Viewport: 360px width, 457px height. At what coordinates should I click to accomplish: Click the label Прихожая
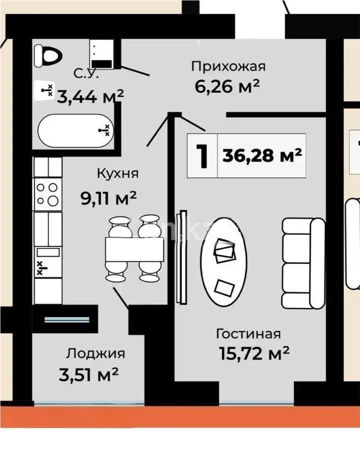pyautogui.click(x=228, y=66)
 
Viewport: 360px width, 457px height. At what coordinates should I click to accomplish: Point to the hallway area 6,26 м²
pyautogui.click(x=227, y=86)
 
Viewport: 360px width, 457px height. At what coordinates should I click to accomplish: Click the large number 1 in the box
pyautogui.click(x=203, y=156)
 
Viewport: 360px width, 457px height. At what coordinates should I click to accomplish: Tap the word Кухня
pyautogui.click(x=118, y=173)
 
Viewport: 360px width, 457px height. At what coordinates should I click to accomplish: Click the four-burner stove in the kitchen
pyautogui.click(x=47, y=194)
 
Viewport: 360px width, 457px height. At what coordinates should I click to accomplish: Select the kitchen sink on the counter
pyautogui.click(x=47, y=259)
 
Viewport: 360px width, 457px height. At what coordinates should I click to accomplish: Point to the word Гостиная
pyautogui.click(x=248, y=334)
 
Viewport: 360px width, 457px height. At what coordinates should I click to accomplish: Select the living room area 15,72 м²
pyautogui.click(x=254, y=352)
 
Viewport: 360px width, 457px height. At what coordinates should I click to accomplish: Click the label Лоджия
pyautogui.click(x=95, y=353)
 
